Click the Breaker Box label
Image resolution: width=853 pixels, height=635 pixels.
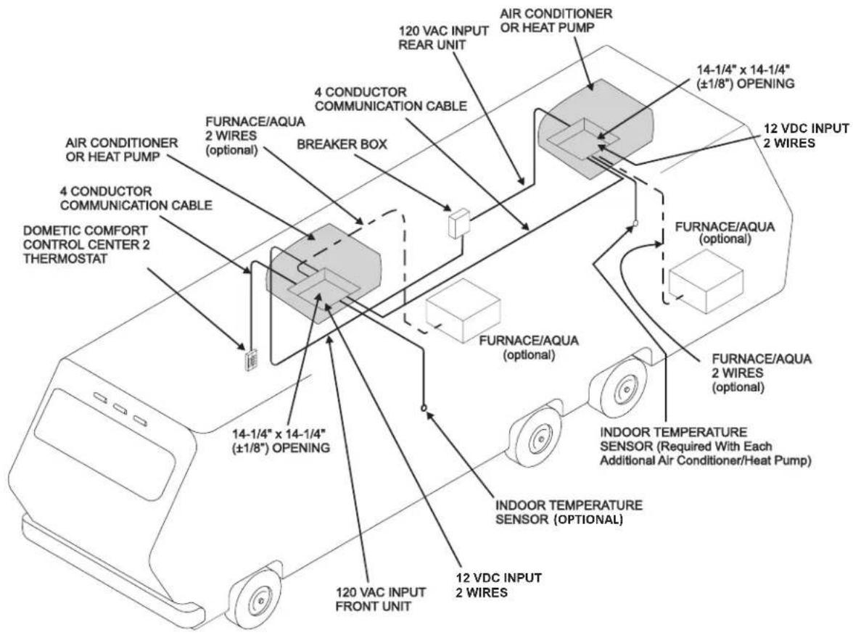click(x=342, y=145)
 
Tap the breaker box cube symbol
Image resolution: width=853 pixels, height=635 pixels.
click(x=458, y=223)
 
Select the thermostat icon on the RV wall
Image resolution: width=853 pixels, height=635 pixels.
click(x=251, y=360)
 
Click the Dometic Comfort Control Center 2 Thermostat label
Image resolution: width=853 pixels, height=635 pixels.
click(x=86, y=245)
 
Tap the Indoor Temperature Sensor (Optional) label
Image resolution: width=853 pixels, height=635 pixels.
click(x=569, y=512)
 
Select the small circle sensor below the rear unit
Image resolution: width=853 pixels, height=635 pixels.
click(x=635, y=223)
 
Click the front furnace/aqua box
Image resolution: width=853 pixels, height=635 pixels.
click(x=463, y=310)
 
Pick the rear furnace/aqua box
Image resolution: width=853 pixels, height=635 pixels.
click(x=706, y=282)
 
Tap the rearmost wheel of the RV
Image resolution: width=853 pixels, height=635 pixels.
click(x=619, y=386)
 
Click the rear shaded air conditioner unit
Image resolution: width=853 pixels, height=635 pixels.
click(x=595, y=128)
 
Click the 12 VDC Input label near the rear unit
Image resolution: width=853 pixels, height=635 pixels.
click(x=807, y=136)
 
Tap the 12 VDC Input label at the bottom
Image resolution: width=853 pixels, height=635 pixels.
click(x=499, y=585)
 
